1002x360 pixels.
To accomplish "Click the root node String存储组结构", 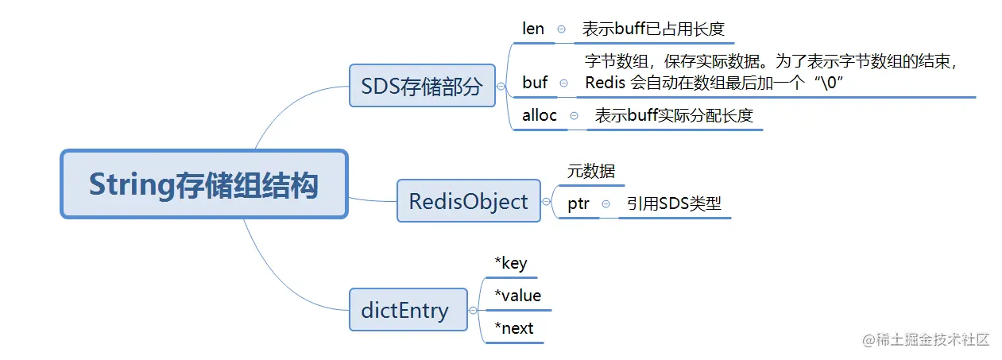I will tap(203, 184).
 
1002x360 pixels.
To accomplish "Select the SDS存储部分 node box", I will tap(422, 86).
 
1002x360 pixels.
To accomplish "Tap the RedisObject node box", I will tap(468, 201).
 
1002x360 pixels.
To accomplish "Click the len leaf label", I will tap(533, 29).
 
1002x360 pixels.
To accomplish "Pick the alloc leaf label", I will tap(540, 115).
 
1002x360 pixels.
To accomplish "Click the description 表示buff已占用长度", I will tap(653, 29).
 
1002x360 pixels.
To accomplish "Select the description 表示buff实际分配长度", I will tap(674, 116).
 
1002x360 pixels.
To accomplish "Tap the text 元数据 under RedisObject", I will tap(591, 171).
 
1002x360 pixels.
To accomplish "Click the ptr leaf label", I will tap(578, 204).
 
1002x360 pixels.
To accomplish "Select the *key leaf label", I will tap(510, 263).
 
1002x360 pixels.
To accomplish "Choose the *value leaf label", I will tap(517, 296).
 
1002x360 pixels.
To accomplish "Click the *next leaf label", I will tap(513, 328).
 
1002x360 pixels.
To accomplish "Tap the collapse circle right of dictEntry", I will tap(474, 311).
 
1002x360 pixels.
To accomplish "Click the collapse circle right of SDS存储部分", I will tap(501, 87).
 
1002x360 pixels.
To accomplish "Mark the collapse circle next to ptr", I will tap(605, 204).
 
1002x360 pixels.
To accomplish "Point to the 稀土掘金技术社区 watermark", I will tap(925, 339).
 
